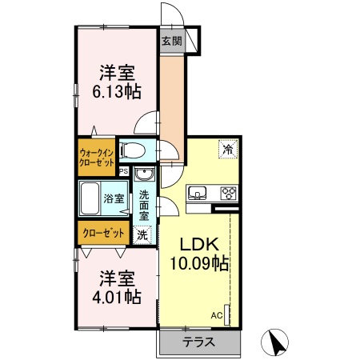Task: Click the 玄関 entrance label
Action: click(x=170, y=41)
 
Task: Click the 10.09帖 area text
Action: click(x=198, y=262)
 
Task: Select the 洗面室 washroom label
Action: click(x=144, y=205)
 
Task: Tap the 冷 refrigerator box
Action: click(x=228, y=150)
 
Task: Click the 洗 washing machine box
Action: click(x=142, y=235)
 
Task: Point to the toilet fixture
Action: click(x=134, y=150)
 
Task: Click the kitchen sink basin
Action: click(x=198, y=192)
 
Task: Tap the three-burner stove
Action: click(x=228, y=192)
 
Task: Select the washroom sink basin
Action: click(x=144, y=177)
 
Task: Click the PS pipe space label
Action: click(x=123, y=171)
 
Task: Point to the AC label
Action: click(x=216, y=315)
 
